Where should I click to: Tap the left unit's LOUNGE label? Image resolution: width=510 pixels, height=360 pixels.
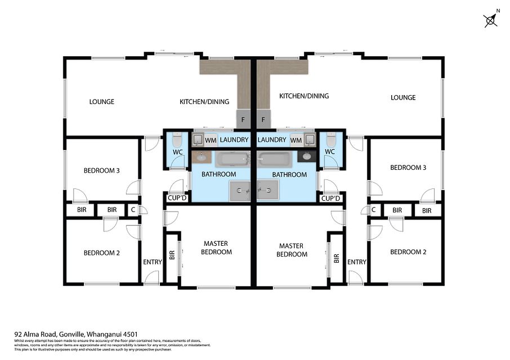click(102, 102)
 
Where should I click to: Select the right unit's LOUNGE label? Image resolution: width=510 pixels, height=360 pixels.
click(403, 98)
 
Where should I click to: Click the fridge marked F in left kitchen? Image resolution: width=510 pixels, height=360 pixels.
click(243, 119)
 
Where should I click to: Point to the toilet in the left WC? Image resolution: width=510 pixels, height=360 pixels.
click(177, 139)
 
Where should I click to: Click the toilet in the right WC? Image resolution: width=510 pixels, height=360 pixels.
click(330, 139)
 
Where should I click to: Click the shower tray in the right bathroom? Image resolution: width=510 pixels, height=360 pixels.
click(268, 191)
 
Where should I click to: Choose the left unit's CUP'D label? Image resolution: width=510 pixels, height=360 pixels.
click(177, 199)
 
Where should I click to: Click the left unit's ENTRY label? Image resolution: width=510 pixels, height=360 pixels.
click(153, 262)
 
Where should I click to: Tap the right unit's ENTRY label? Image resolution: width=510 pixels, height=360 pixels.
click(356, 262)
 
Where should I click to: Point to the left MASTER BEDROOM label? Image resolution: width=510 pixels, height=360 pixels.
click(216, 247)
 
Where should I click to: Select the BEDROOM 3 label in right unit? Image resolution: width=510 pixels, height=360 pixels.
click(408, 168)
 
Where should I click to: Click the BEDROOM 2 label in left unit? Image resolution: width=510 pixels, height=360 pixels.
click(102, 253)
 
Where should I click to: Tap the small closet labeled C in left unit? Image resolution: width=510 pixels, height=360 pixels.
click(133, 210)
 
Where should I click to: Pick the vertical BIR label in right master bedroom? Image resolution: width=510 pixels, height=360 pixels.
click(336, 258)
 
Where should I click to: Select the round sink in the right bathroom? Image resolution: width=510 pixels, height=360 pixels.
click(307, 156)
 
